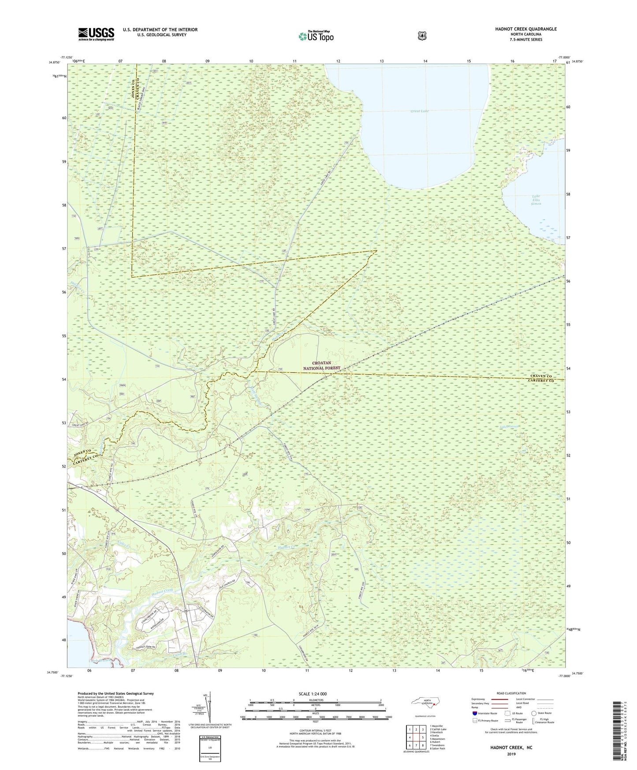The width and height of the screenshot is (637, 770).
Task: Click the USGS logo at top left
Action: click(x=96, y=34)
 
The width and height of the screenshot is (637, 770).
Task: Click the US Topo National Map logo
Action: click(x=316, y=36)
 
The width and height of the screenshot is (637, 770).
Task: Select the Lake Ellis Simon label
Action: click(x=536, y=200)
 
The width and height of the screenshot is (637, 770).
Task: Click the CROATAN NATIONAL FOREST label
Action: click(x=321, y=365)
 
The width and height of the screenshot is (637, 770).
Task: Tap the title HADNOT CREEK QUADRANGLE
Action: click(x=519, y=29)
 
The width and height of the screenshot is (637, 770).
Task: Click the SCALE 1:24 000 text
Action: click(x=313, y=694)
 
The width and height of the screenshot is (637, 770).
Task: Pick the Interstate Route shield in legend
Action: click(x=474, y=713)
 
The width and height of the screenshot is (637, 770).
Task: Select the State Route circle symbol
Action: click(x=534, y=713)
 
